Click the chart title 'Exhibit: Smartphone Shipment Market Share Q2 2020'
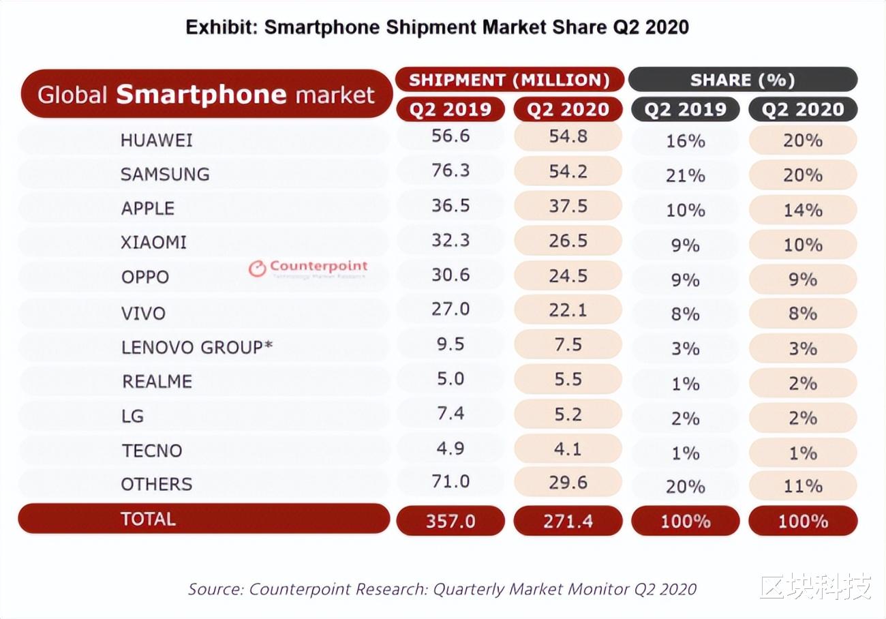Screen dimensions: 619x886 [x=437, y=27]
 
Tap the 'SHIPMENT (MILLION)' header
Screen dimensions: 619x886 [x=509, y=80]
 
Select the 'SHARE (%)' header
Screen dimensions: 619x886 [x=742, y=80]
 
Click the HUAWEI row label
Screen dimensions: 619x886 [x=156, y=140]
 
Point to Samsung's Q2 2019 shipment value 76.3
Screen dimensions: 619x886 [x=450, y=170]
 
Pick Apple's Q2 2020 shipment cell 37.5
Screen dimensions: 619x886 [x=568, y=206]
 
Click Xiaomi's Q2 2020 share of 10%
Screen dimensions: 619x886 [x=802, y=245]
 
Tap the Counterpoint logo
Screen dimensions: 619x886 [x=308, y=268]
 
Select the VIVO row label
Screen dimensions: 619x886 [x=143, y=314]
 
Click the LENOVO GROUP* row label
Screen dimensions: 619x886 [x=197, y=347]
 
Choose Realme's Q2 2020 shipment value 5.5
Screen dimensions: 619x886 [x=568, y=379]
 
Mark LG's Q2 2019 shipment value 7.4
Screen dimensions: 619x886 [x=450, y=414]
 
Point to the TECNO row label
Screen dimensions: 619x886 [x=152, y=451]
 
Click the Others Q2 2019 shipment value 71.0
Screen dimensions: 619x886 [x=450, y=482]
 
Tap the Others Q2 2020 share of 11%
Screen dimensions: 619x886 [x=802, y=486]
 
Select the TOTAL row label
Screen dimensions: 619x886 [x=148, y=519]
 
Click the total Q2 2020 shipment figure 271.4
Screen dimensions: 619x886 [x=568, y=522]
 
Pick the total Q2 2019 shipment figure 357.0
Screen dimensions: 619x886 [x=450, y=522]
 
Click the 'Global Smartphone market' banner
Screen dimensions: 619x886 [x=206, y=94]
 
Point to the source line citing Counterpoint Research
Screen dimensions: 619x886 [x=442, y=589]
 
